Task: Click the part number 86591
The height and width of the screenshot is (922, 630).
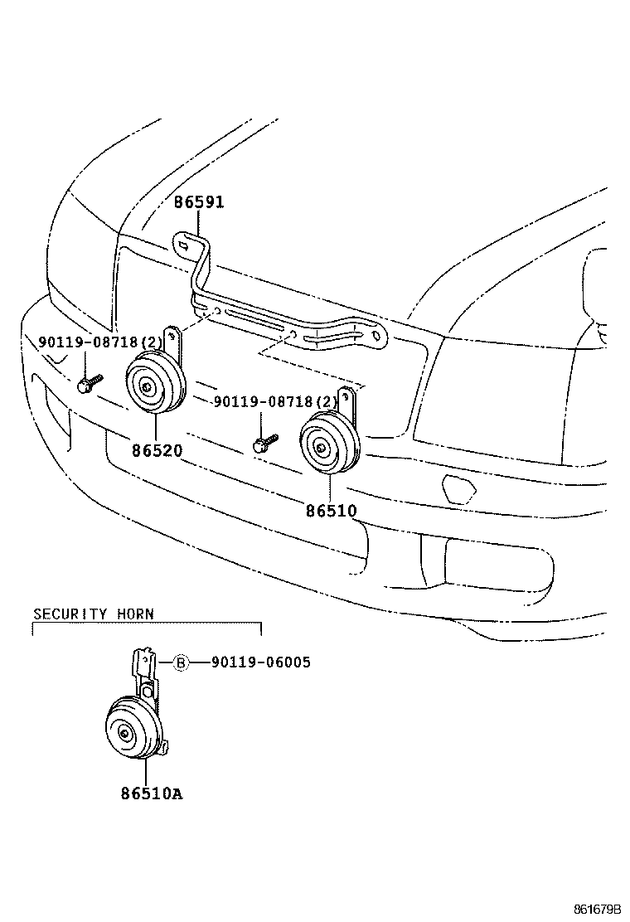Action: coord(199,202)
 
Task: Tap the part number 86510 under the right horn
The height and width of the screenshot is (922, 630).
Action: coord(331,511)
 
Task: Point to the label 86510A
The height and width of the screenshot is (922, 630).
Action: coord(151,793)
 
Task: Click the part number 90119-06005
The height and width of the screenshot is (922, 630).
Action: coord(261,662)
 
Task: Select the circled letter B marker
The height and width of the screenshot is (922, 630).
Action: coord(181,662)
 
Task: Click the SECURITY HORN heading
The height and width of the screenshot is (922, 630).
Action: coord(93,614)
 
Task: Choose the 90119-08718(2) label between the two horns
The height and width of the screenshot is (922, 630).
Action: coord(276,401)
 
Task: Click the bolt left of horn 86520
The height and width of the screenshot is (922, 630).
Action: coord(87,384)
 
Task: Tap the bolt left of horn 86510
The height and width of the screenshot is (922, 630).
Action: coord(264,443)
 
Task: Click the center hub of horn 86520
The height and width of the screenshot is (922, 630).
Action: coord(146,385)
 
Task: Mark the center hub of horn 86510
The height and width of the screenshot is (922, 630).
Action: coord(320,448)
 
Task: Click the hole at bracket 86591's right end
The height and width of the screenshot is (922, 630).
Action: coord(376,337)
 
